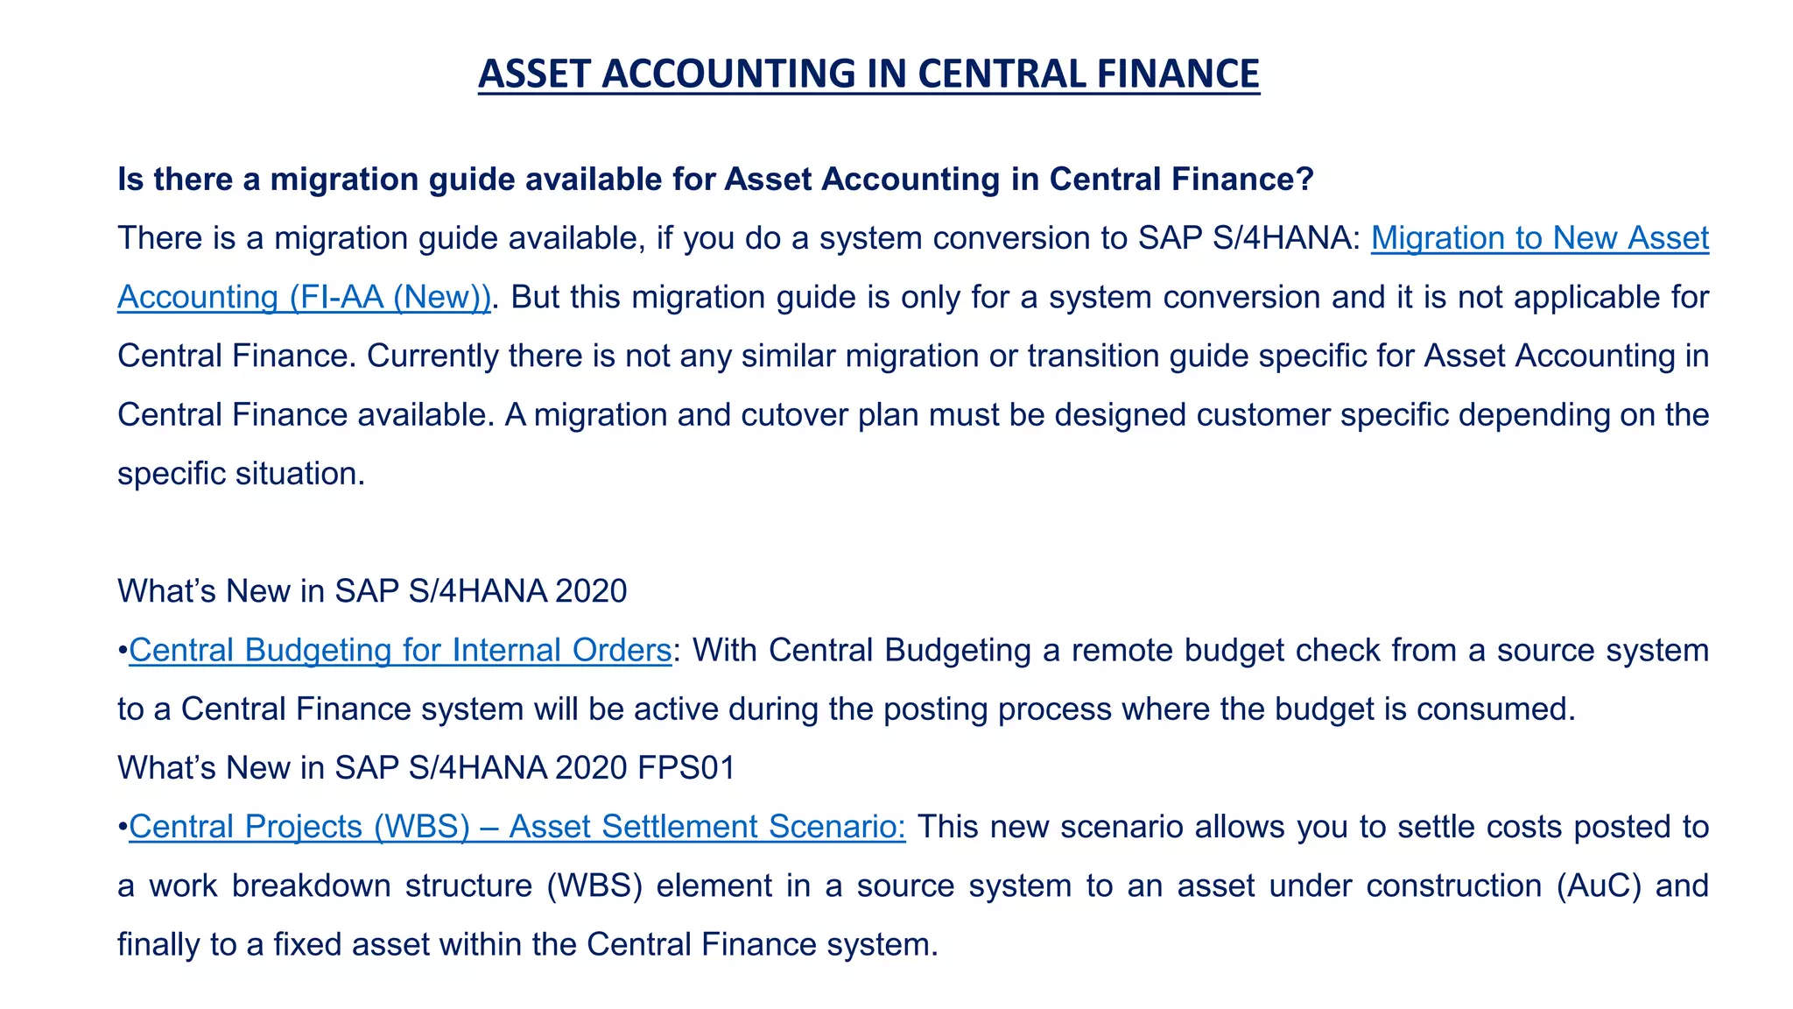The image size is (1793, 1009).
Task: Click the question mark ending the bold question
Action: (1305, 180)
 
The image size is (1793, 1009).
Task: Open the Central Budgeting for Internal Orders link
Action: (400, 651)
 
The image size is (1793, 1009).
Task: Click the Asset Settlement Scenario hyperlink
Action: (707, 827)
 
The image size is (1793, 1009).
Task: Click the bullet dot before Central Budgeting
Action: (123, 651)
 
